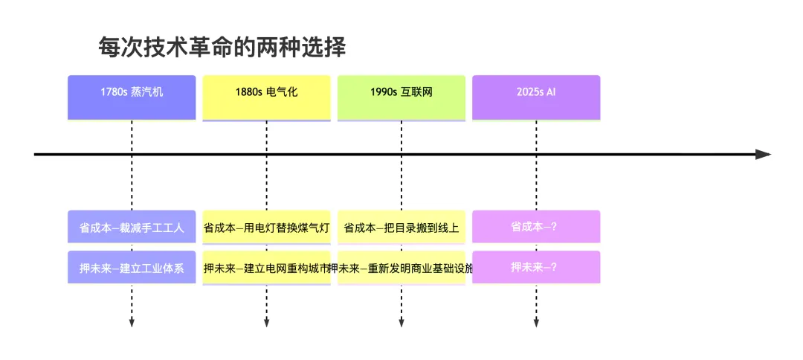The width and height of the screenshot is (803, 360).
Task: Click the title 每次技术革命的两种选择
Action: [222, 48]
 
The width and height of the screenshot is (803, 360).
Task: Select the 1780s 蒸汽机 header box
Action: [132, 97]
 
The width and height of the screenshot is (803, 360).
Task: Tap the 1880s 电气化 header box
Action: [266, 97]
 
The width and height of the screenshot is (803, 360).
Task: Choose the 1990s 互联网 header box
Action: [401, 97]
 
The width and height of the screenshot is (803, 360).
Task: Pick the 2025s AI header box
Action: [536, 97]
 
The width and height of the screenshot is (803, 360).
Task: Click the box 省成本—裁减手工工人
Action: [132, 227]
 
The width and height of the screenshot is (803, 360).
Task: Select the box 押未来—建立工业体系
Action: [132, 267]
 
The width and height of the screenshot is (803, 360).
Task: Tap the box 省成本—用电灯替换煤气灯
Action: [266, 227]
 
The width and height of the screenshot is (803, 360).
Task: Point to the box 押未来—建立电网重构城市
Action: [266, 267]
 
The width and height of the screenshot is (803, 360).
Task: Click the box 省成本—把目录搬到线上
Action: [401, 227]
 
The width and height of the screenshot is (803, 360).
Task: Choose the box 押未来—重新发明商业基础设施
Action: [401, 267]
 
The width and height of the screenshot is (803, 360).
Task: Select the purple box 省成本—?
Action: [536, 227]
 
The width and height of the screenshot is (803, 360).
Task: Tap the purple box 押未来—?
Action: [536, 267]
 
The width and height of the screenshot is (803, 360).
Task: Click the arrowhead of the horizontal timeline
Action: [763, 155]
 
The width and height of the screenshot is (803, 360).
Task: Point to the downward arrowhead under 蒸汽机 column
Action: [132, 322]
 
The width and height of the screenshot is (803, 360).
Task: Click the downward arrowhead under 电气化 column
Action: [266, 322]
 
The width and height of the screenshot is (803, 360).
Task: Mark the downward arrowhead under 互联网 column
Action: [401, 322]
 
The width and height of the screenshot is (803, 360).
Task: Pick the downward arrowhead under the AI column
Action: [536, 322]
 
